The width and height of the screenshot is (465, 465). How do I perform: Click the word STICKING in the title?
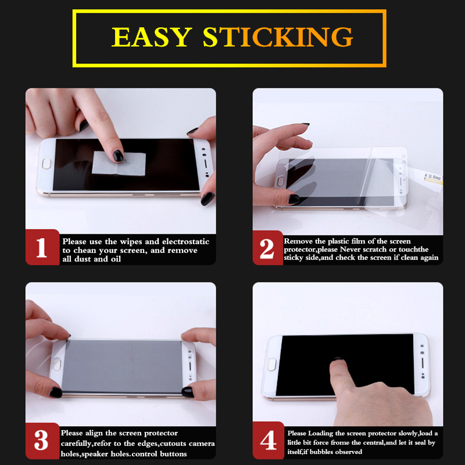pos(278,37)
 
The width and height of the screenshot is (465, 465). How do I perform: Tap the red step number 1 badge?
pos(42,247)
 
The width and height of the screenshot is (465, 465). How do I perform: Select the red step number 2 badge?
pos(267,248)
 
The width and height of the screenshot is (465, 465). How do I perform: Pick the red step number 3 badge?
pos(42,441)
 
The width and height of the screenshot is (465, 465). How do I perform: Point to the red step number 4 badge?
pos(269,441)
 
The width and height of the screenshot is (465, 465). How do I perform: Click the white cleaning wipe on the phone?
pos(119,163)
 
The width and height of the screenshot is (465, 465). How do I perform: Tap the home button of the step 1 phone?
pos(46,164)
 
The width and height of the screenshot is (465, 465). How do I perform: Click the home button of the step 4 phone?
pos(272,365)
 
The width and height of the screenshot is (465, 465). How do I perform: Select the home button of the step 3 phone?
pos(56,364)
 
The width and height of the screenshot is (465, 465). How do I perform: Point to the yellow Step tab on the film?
pos(432,178)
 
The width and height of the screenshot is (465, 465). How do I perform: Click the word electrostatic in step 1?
pos(185,241)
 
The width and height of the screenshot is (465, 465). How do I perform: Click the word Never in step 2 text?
pos(350,249)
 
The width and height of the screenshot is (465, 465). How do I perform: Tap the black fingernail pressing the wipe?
pos(118,156)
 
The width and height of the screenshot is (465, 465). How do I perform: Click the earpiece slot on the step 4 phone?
pos(423,363)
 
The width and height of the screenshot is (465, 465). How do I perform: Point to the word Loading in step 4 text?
pos(320,434)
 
